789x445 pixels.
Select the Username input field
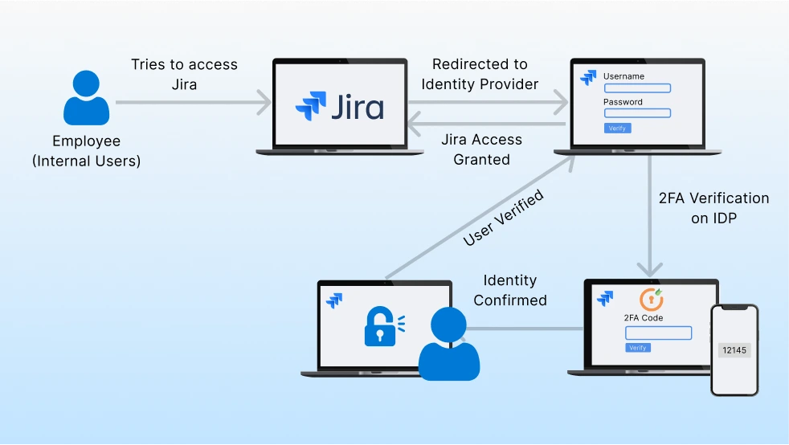tap(637, 88)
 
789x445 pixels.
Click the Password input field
tap(637, 113)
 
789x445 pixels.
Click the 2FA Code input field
tap(658, 333)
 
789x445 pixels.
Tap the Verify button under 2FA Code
tap(638, 348)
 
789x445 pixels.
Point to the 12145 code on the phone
tap(734, 350)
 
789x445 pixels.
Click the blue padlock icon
tap(381, 325)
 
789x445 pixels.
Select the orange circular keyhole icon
tap(651, 299)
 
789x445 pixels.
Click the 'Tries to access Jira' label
tap(185, 75)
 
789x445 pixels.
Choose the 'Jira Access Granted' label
tap(481, 149)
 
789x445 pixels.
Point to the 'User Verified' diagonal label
tap(504, 218)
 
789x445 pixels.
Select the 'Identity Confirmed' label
tap(510, 290)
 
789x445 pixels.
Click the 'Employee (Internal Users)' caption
tap(86, 151)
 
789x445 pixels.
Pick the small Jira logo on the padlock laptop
tap(335, 300)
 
